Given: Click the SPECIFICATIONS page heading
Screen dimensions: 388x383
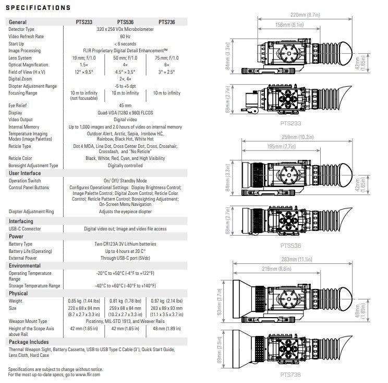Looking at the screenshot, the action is point(38,8).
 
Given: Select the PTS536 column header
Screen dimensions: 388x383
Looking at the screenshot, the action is point(125,22).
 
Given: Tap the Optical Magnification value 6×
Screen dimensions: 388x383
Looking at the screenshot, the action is point(167,65).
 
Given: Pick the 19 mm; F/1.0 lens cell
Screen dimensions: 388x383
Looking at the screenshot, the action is point(84,58).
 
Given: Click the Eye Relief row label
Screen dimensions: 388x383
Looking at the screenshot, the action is point(18,106).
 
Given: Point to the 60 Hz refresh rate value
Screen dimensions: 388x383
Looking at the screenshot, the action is point(125,37).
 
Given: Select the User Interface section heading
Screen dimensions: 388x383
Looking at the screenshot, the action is point(25,173).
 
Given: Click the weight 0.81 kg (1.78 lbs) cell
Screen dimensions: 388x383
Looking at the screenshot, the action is point(125,300).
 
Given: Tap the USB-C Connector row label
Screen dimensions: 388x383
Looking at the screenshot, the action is point(25,228).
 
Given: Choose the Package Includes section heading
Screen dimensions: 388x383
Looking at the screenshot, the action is point(29,342).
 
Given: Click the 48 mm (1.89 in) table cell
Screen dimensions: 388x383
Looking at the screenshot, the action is point(167,329).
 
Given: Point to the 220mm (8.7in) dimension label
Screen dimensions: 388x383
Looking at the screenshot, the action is point(305,15).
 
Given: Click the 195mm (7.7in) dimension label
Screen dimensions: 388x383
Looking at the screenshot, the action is point(281,146).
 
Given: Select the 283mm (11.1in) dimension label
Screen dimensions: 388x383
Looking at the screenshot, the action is point(297,259).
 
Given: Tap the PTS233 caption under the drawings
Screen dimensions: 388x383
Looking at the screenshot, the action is point(291,123).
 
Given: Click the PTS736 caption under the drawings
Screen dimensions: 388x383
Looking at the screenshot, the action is point(290,375).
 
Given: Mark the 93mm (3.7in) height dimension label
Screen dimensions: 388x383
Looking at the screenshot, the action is point(220,301).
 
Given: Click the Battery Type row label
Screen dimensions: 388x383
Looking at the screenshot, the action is point(20,244).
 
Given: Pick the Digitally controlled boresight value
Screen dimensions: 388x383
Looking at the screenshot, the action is point(125,165).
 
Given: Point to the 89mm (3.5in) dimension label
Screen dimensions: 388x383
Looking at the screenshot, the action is point(220,350).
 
